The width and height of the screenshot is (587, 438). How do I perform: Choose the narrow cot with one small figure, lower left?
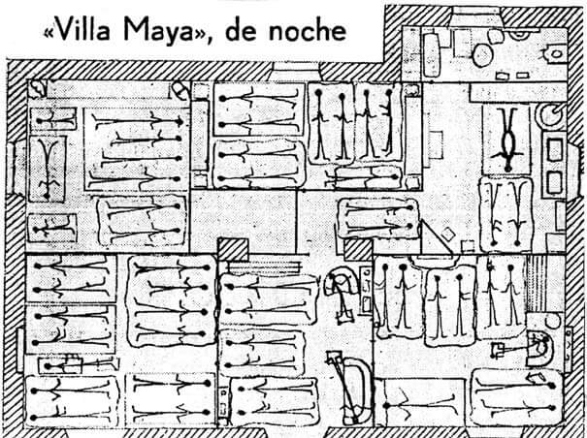(49, 229)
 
